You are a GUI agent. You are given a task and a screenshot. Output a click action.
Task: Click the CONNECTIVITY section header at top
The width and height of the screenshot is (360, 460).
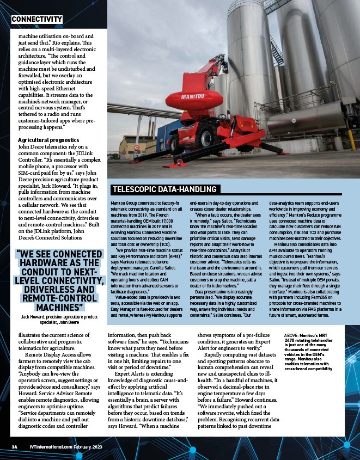(x=36, y=20)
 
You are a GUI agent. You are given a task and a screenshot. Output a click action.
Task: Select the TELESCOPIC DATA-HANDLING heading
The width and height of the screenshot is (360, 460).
(x=165, y=189)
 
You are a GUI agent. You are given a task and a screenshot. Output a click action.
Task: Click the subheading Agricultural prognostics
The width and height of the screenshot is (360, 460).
(x=48, y=140)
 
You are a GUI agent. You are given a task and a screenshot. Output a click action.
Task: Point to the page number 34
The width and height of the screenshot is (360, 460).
(x=15, y=446)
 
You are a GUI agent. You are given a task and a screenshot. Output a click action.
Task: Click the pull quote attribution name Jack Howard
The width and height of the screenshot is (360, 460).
(x=35, y=316)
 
